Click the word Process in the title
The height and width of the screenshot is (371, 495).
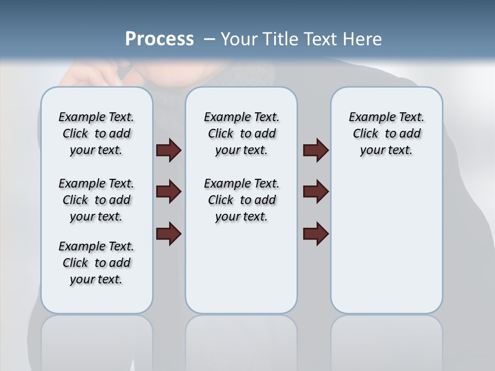(159, 39)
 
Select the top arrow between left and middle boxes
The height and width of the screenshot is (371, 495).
(169, 150)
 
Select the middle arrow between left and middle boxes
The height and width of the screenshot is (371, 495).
(169, 192)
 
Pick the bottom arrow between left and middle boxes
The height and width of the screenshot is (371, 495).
(169, 233)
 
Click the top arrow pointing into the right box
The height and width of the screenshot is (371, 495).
(316, 150)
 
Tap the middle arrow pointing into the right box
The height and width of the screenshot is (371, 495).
(316, 192)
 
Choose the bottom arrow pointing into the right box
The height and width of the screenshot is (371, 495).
(316, 233)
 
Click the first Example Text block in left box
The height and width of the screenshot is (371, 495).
(96, 133)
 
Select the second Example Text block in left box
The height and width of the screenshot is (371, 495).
(96, 200)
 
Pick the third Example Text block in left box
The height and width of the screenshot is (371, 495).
(96, 263)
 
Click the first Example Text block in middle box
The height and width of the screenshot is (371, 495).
(241, 133)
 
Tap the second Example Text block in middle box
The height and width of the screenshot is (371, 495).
(241, 200)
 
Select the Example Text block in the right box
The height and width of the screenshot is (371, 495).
(386, 133)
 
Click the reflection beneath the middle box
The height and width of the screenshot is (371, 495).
(241, 340)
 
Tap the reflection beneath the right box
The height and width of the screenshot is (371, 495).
(386, 340)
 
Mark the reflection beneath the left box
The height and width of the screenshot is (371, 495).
(96, 340)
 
